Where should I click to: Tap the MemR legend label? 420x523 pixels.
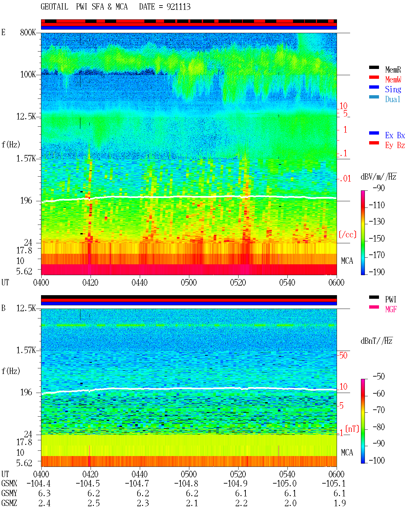393,70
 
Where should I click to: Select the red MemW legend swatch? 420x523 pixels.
374,77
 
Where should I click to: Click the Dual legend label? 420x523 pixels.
392,99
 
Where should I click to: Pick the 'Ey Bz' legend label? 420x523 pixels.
395,145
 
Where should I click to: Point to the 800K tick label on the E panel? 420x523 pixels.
28,32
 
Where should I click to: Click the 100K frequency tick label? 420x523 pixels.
28,75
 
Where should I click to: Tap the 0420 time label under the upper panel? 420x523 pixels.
90,282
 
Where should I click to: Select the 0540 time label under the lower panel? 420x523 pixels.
287,474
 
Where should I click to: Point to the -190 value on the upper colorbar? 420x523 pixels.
377,272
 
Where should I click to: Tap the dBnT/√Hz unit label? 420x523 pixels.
377,341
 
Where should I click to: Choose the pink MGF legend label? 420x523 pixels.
391,309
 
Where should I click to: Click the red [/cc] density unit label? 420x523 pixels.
347,234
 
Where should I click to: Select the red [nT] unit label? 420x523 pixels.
352,429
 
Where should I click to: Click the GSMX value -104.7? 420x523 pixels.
137,484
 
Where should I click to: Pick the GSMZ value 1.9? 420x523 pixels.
340,503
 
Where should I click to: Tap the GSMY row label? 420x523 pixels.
9,493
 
